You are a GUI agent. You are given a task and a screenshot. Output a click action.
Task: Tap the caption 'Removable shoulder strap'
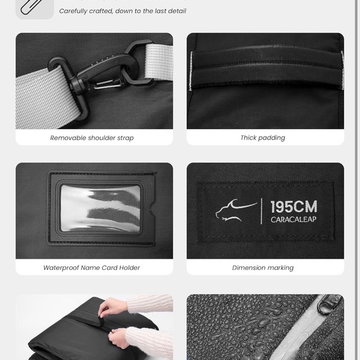click(x=92, y=138)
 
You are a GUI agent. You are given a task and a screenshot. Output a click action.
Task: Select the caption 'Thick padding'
click(x=263, y=138)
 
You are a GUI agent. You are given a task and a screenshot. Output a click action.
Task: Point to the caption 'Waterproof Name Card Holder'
click(x=92, y=268)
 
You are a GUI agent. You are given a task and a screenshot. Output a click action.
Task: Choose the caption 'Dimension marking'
click(x=263, y=268)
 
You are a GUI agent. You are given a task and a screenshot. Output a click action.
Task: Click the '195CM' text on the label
click(x=294, y=207)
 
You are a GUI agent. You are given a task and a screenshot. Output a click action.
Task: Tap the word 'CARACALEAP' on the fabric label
click(x=294, y=220)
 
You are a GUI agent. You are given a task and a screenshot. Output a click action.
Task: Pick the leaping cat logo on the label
click(x=236, y=210)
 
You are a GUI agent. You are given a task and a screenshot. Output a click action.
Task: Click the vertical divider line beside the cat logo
click(x=261, y=211)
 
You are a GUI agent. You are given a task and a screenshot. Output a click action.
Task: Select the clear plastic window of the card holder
click(x=101, y=208)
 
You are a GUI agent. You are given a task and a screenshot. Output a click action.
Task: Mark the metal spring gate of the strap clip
click(x=107, y=84)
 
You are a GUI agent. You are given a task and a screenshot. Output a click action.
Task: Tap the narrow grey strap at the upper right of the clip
click(x=159, y=62)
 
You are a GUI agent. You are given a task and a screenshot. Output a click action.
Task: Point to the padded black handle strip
click(x=266, y=66)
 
